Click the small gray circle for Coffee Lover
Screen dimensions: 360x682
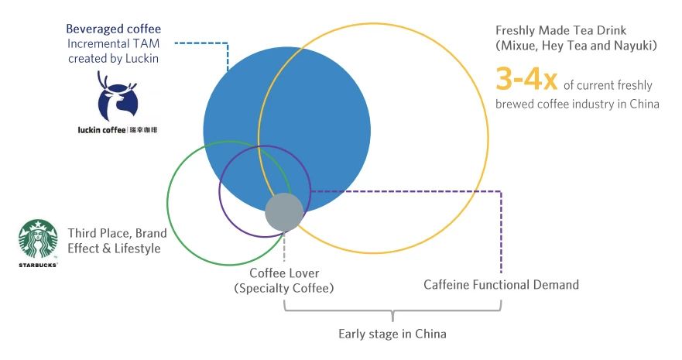pyautogui.click(x=283, y=211)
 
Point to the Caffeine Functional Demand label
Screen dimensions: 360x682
pyautogui.click(x=501, y=285)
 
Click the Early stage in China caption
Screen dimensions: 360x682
pyautogui.click(x=392, y=334)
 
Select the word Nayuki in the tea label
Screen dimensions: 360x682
pyautogui.click(x=633, y=46)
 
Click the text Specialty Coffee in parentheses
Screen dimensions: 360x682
pyautogui.click(x=284, y=289)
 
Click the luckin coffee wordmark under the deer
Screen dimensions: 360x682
pyautogui.click(x=108, y=129)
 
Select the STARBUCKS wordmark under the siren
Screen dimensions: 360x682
pyautogui.click(x=38, y=265)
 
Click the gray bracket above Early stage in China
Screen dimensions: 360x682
pyautogui.click(x=392, y=313)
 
